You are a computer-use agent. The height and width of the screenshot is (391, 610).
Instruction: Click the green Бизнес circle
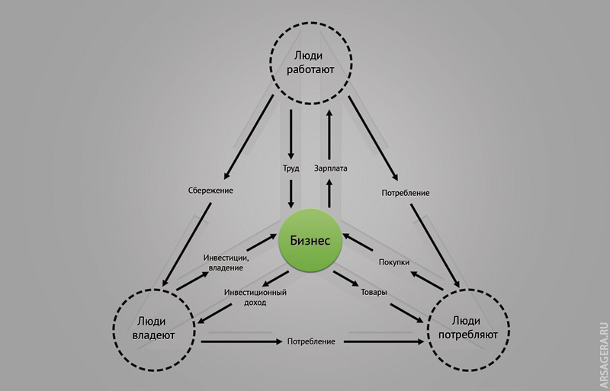pos(310,240)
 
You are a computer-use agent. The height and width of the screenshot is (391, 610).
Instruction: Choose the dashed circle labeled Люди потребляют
pos(467,327)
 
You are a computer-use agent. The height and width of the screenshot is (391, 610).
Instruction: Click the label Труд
pos(291,168)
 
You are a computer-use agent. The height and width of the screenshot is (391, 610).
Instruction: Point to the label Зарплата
pos(330,168)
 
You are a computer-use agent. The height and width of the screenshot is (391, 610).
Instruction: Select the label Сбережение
pos(209,190)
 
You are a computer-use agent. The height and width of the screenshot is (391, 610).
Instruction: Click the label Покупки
pos(394,262)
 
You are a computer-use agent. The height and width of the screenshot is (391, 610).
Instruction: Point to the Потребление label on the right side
pos(406,194)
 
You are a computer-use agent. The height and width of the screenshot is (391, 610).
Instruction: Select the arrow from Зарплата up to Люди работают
pos(330,134)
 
